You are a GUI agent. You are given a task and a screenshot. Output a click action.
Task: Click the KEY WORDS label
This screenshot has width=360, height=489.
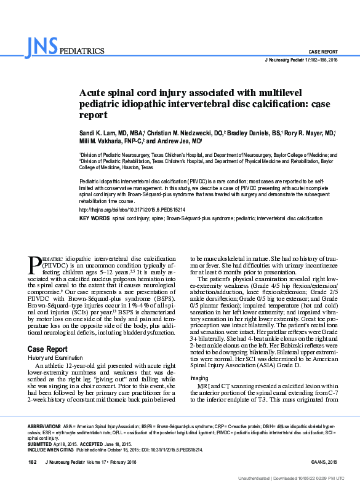tap(94, 218)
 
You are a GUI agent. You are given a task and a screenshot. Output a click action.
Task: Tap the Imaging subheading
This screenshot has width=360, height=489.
tap(199, 377)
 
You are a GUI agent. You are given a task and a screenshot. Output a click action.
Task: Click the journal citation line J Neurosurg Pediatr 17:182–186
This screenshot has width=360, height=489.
tap(300, 60)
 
